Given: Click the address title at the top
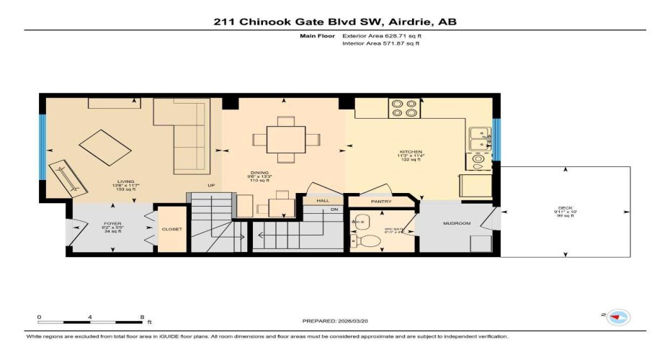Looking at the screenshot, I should [335, 22].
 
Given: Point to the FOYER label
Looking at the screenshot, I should [113, 223].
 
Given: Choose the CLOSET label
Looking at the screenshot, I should [172, 229].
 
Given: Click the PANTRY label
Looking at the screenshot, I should [382, 202].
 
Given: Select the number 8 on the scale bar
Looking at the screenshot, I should [142, 317].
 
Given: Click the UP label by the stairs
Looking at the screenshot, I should [211, 186].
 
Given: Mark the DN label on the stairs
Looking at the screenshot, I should [334, 210].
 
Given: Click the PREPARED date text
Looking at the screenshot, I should [335, 320].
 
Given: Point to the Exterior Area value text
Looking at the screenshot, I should [380, 35].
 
